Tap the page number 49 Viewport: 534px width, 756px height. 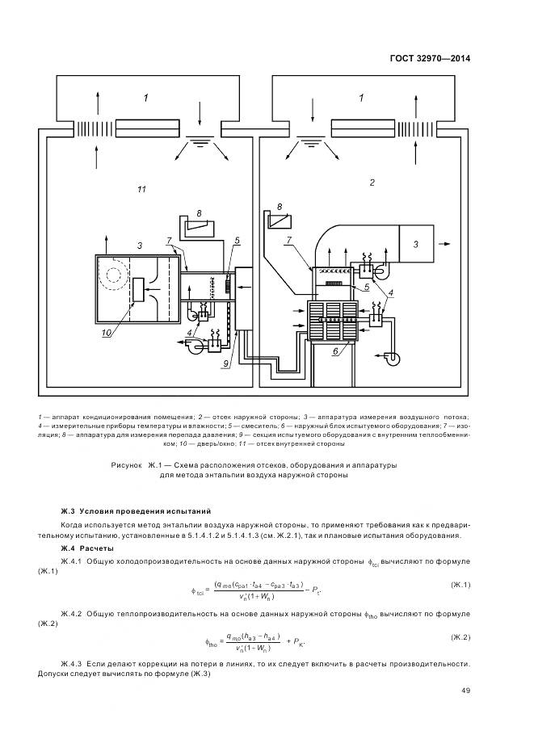(466, 690)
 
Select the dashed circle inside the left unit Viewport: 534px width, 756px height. (112, 276)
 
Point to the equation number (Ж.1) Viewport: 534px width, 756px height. (459, 584)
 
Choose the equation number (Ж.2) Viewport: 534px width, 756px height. (459, 637)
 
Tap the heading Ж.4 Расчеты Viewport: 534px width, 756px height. (87, 548)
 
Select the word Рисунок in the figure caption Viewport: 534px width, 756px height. (126, 465)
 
